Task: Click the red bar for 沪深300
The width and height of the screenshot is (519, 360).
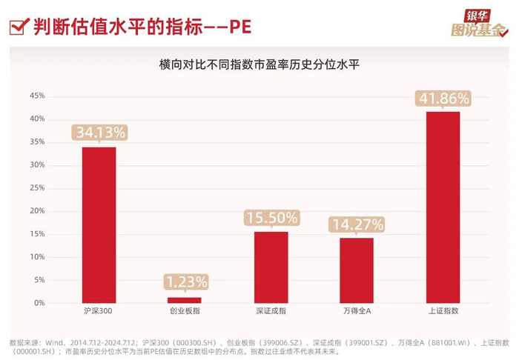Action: (99, 225)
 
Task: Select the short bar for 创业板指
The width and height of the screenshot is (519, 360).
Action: (185, 300)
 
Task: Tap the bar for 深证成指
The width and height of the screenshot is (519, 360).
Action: (271, 267)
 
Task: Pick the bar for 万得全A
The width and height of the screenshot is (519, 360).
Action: (357, 270)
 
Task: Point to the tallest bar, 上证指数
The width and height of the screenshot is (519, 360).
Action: (443, 207)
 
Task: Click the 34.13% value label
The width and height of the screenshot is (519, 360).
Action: (100, 133)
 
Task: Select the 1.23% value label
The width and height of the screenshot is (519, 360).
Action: (186, 282)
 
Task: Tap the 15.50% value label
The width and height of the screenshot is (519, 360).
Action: (272, 218)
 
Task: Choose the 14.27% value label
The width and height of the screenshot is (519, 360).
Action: (357, 224)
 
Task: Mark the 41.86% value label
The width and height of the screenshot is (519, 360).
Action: (443, 99)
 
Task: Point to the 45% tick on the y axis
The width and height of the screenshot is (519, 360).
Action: (37, 96)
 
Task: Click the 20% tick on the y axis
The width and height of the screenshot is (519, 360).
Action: (37, 211)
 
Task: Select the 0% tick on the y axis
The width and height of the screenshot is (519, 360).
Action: (39, 303)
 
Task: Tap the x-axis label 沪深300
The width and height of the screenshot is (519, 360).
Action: (98, 311)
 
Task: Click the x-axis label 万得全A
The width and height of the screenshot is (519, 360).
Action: (357, 311)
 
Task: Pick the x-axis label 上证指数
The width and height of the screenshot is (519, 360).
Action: (443, 311)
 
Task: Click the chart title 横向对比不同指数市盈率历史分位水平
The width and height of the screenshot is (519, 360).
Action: (259, 64)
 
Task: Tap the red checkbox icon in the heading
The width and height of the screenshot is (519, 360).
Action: (19, 27)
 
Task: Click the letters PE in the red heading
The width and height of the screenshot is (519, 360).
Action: (240, 27)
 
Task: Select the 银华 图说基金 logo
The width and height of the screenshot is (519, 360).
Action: (480, 23)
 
